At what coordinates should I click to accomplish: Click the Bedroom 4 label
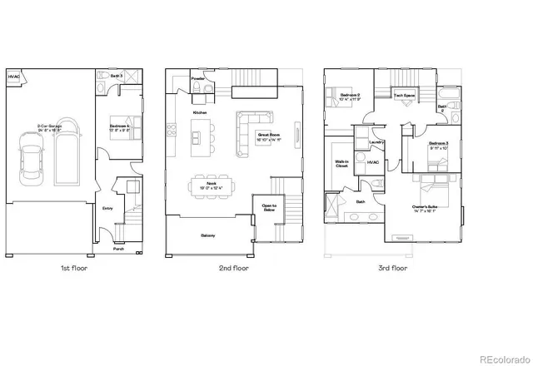click(120, 127)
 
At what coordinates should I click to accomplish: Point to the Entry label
click(108, 208)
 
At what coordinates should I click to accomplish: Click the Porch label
click(119, 247)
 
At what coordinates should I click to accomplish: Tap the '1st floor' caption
click(74, 269)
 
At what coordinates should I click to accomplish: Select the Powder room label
click(197, 80)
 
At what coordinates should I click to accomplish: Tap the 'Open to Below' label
click(269, 208)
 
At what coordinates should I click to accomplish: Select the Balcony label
click(208, 235)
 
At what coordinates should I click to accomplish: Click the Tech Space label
click(405, 96)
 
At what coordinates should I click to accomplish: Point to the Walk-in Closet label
click(341, 164)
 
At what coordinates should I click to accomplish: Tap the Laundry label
click(364, 142)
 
